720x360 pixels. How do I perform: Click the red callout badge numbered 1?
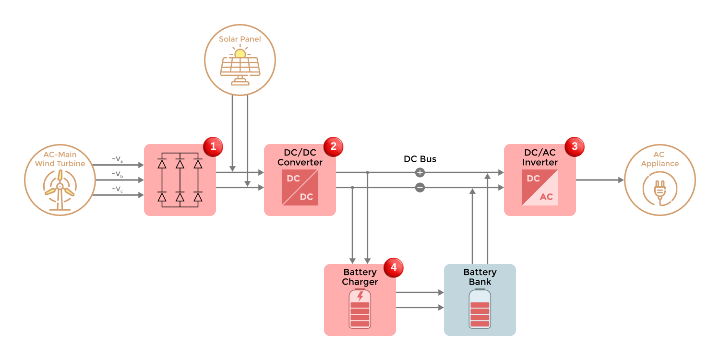point(213,147)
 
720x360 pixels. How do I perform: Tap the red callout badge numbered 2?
point(333,147)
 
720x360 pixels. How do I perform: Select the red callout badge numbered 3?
point(573,147)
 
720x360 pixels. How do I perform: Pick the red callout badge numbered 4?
point(393,267)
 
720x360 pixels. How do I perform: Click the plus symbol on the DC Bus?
point(420,172)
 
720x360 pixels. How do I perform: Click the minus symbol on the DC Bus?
point(420,188)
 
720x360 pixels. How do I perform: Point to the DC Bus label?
point(420,159)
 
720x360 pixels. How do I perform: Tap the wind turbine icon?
point(60,190)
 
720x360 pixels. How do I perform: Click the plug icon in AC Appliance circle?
point(660,190)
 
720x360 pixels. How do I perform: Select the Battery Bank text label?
point(480,277)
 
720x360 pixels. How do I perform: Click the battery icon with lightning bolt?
point(360,309)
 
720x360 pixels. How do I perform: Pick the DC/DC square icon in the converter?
point(300,188)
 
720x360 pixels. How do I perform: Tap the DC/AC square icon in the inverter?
point(540,188)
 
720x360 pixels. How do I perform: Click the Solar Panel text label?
point(240,39)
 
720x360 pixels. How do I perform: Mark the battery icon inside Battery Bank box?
point(480,309)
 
